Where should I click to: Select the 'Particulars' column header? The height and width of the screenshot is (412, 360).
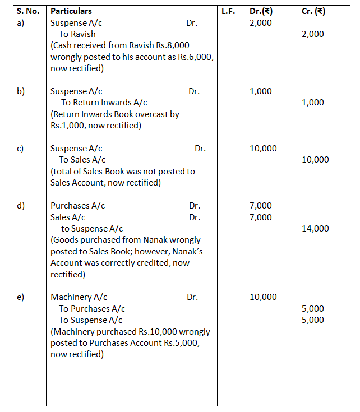pos(71,11)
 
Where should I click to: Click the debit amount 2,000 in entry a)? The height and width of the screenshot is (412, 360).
pos(260,23)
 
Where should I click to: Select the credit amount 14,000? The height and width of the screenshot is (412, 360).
pos(315,228)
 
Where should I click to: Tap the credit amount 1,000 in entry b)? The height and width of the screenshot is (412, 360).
pos(313,103)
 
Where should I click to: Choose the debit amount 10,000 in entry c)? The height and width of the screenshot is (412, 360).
pos(263,149)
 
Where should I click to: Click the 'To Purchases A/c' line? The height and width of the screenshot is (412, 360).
pos(92,308)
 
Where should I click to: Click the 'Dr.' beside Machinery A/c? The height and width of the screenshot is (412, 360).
pos(192,297)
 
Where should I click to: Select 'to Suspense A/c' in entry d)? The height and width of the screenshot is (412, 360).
pos(92,228)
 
